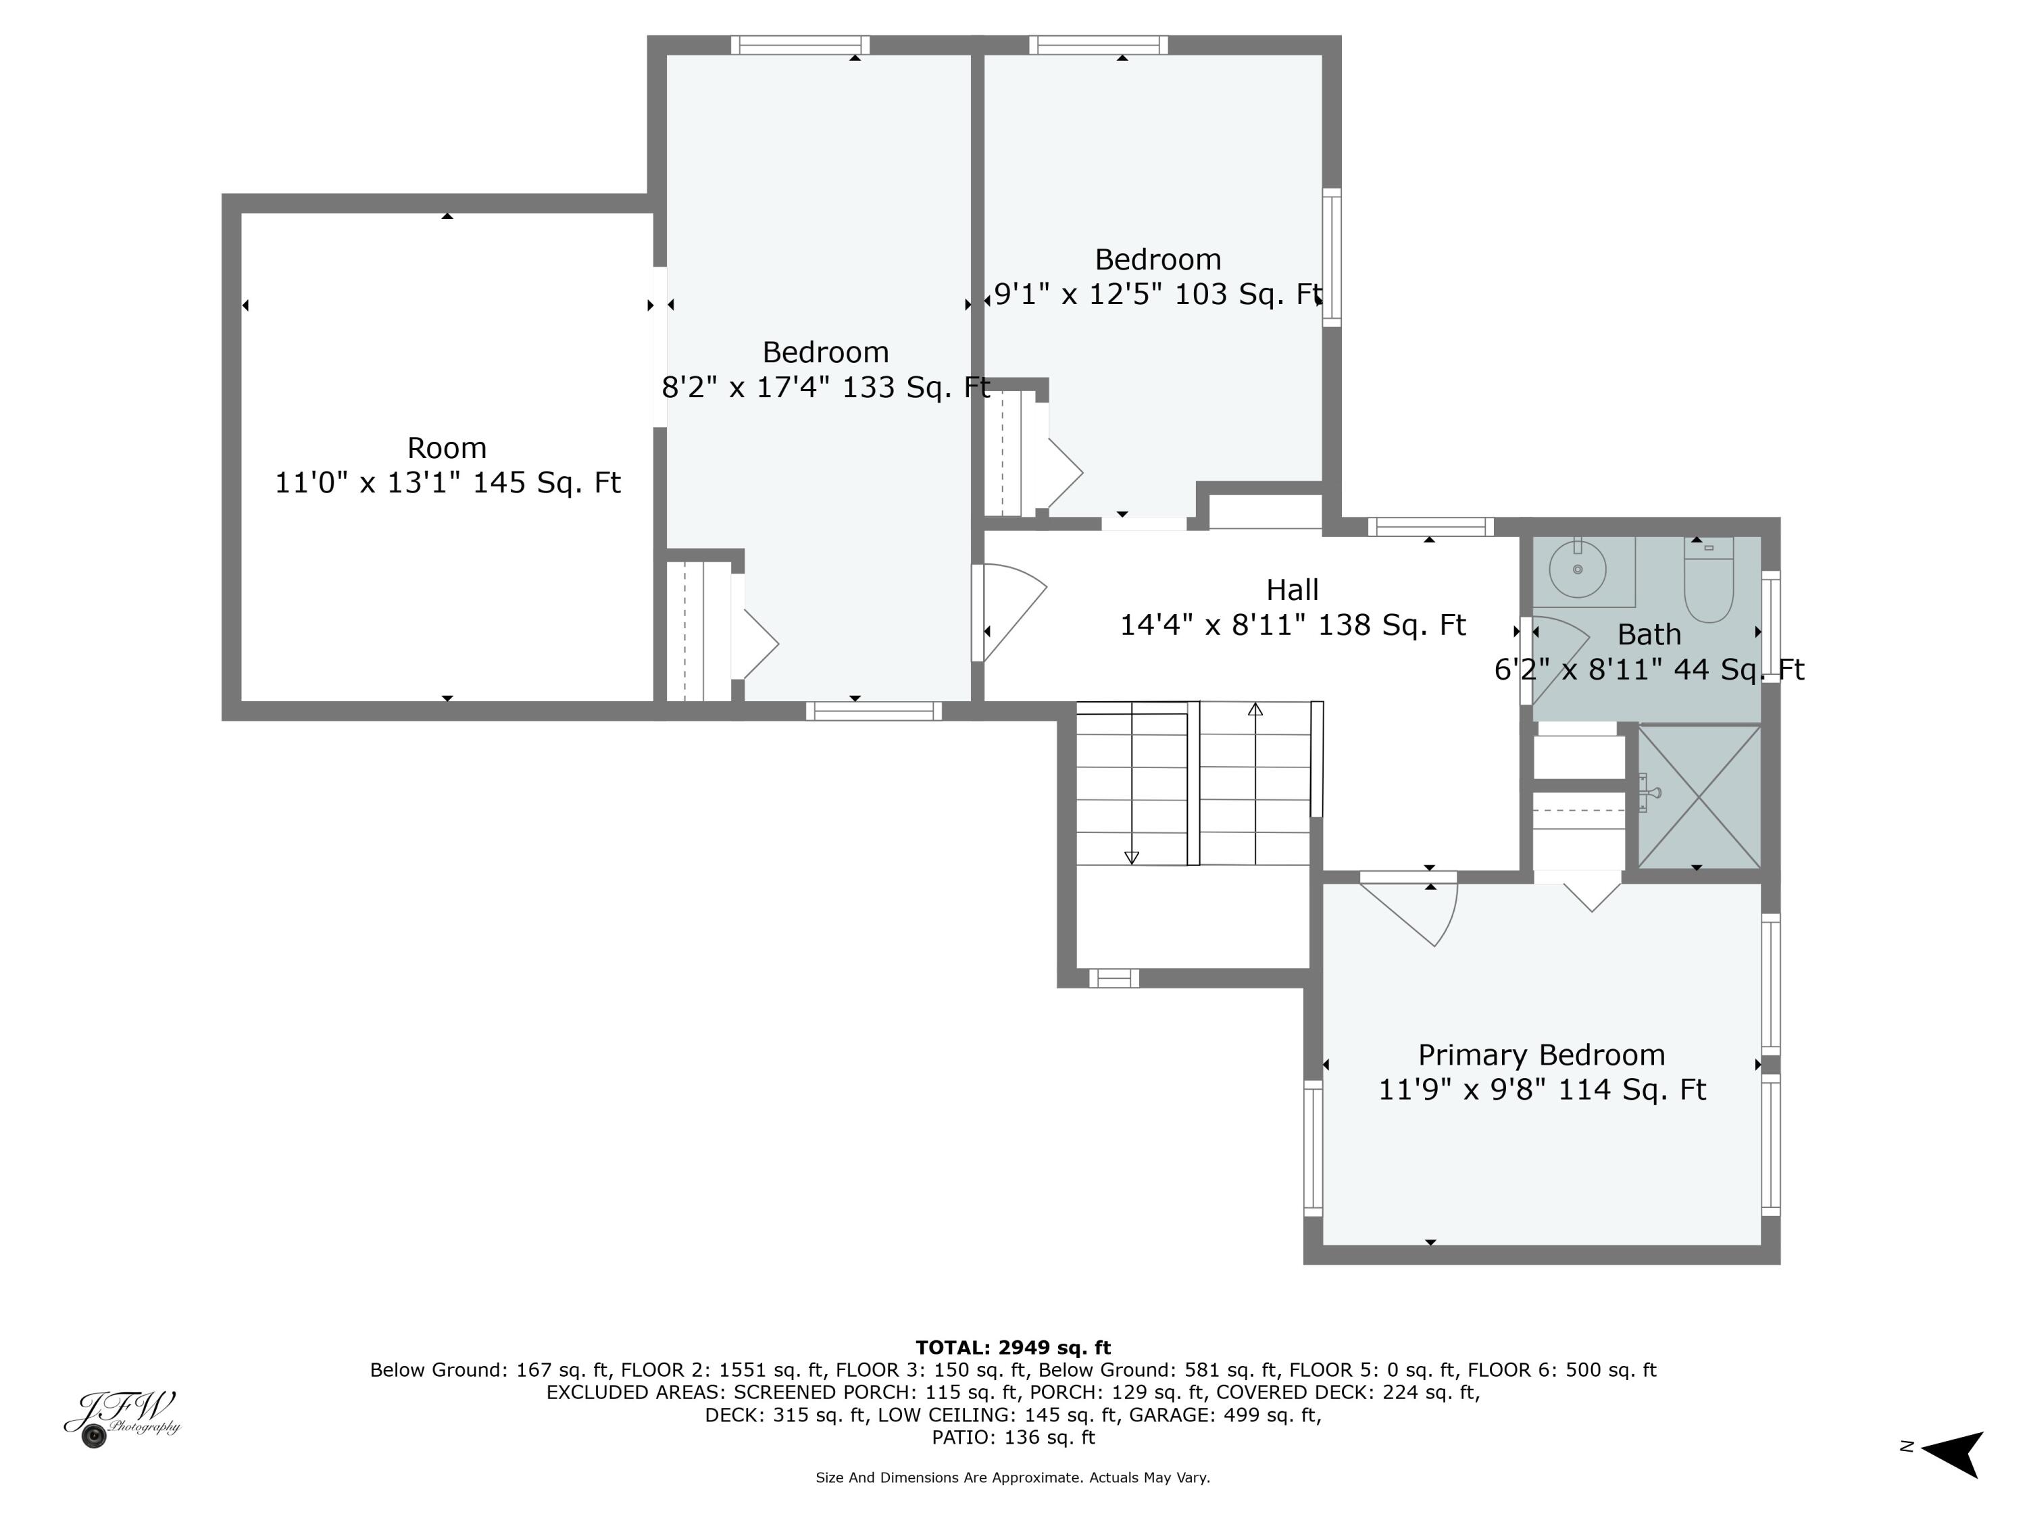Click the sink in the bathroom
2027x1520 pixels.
[1577, 569]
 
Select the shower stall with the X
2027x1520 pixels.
[1699, 796]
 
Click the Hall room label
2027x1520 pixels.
[1292, 589]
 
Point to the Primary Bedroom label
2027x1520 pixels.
[1541, 1055]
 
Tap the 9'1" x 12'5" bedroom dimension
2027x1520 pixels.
[1157, 294]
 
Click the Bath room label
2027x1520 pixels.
[1649, 634]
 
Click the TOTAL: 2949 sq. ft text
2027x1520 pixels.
[1013, 1347]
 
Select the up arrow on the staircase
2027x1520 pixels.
[1255, 709]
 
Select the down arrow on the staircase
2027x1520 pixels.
[1132, 857]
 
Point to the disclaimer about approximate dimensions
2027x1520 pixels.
[1013, 1477]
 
